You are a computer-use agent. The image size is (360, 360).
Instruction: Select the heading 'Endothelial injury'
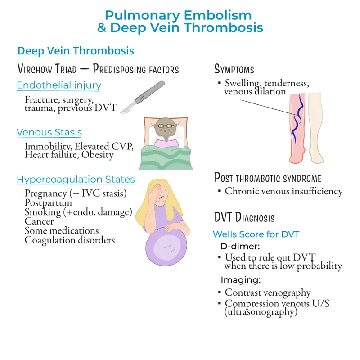pyautogui.click(x=58, y=85)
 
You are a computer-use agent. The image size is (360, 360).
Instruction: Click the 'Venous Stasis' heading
pyautogui.click(x=49, y=132)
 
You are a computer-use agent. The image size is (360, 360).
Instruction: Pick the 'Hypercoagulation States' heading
pyautogui.click(x=76, y=180)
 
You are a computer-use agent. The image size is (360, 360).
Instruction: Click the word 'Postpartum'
pyautogui.click(x=46, y=202)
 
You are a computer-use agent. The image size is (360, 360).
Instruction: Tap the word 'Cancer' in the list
pyautogui.click(x=39, y=221)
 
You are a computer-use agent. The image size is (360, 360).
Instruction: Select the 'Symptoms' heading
pyautogui.click(x=234, y=69)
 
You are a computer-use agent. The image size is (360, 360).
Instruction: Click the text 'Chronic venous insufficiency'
pyautogui.click(x=283, y=191)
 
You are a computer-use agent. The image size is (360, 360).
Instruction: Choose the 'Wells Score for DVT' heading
pyautogui.click(x=256, y=234)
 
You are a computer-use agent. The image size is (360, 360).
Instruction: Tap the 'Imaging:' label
pyautogui.click(x=241, y=280)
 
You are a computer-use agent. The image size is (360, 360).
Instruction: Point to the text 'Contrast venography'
pyautogui.click(x=268, y=292)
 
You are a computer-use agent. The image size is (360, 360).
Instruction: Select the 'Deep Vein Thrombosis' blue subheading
pyautogui.click(x=76, y=50)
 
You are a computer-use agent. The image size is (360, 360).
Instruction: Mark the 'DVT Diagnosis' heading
pyautogui.click(x=244, y=218)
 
